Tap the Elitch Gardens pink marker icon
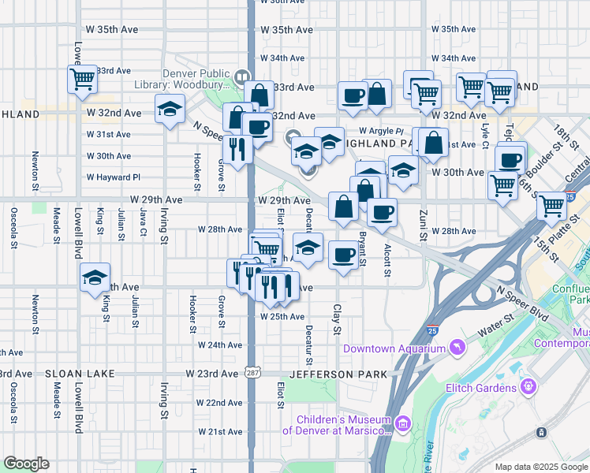tap(528, 388)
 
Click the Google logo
tap(26, 464)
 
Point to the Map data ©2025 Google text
tap(540, 467)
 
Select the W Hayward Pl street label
tap(114, 177)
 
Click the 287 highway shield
tap(251, 372)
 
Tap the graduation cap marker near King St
tap(95, 277)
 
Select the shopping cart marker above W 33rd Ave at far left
tap(82, 79)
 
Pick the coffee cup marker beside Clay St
tap(343, 255)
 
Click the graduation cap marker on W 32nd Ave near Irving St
tap(169, 110)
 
